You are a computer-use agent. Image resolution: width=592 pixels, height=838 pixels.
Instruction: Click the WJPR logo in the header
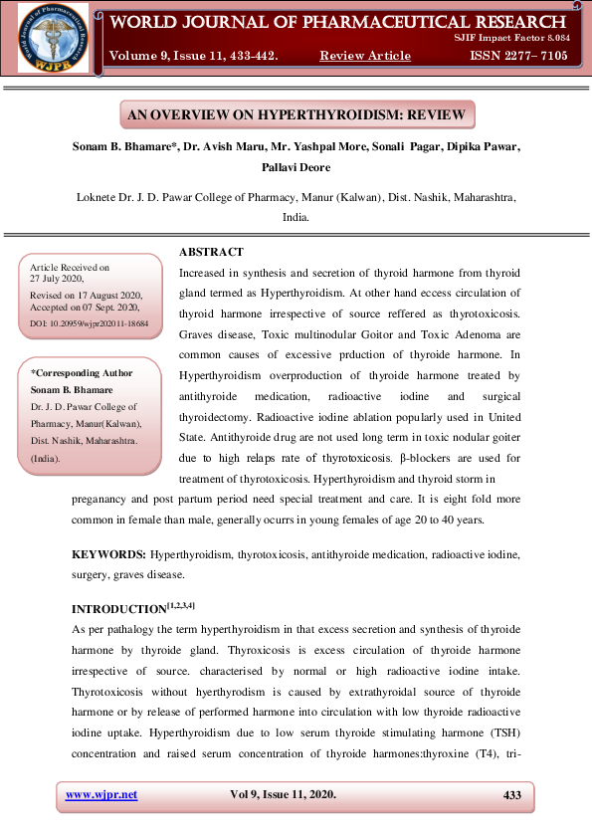tap(53, 39)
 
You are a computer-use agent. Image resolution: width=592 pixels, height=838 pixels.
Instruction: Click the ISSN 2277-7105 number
tap(516, 57)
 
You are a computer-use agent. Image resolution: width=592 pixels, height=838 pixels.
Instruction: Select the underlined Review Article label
tap(364, 57)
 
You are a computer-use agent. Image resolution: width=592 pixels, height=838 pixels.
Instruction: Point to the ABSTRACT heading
tap(211, 252)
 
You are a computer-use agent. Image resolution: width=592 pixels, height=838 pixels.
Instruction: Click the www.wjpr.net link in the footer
tap(101, 794)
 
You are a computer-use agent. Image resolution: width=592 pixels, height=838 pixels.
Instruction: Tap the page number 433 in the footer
tap(512, 794)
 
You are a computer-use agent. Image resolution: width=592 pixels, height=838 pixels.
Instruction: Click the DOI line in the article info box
tap(90, 324)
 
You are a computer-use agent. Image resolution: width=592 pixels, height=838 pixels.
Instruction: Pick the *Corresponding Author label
tap(82, 373)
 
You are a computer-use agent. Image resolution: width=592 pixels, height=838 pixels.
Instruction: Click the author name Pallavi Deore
tap(296, 169)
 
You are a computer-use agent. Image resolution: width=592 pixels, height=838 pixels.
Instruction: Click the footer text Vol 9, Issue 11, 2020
tap(283, 794)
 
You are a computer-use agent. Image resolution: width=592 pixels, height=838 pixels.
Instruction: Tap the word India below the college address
tap(296, 216)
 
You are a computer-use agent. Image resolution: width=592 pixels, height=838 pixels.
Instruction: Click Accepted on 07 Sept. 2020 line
tap(87, 310)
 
